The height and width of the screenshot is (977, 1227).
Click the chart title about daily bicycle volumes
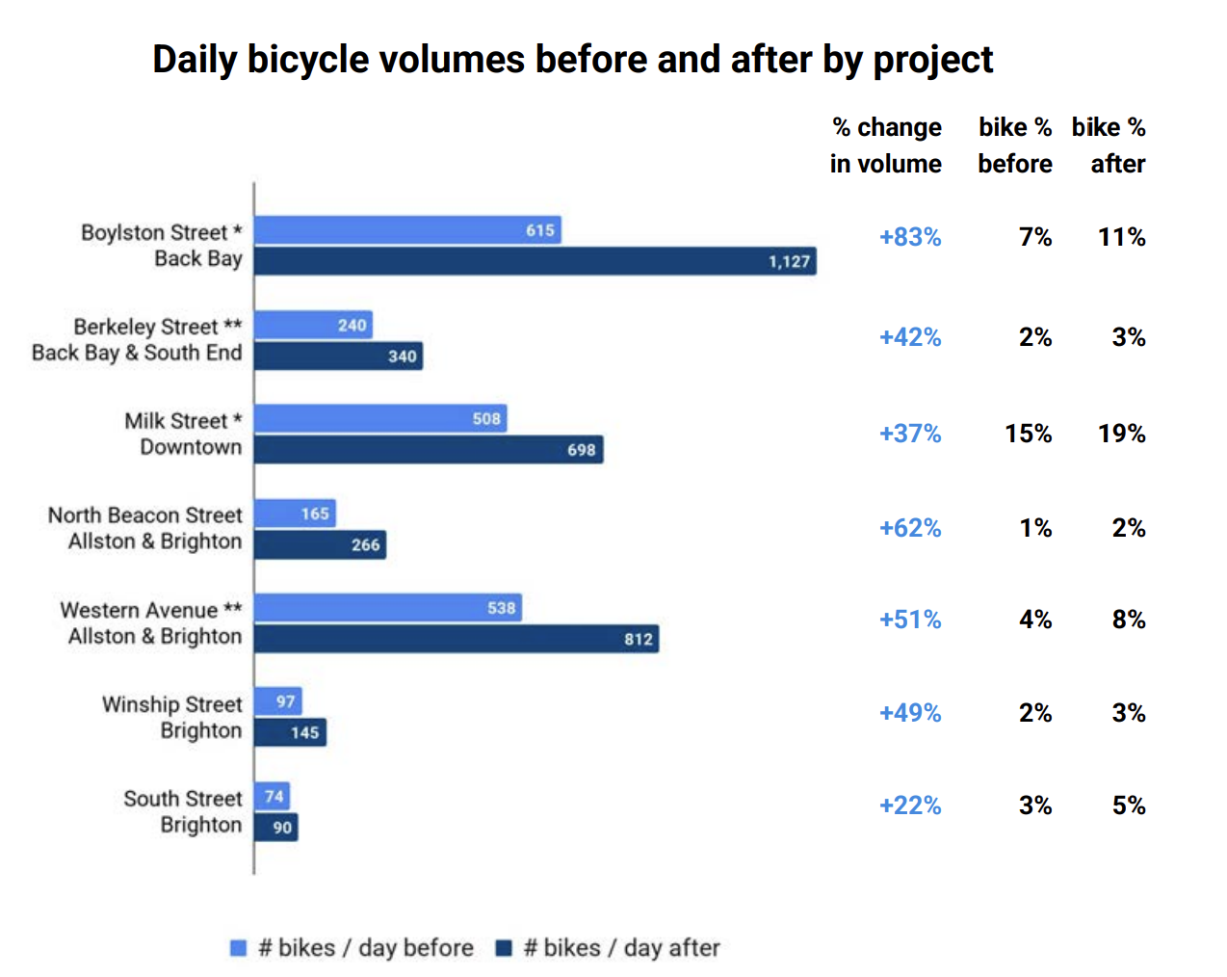[x=572, y=60]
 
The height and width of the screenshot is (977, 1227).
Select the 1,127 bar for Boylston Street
[x=535, y=261]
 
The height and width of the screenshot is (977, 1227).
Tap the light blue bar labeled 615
[x=407, y=230]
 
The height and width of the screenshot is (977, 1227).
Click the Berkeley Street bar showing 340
[x=338, y=356]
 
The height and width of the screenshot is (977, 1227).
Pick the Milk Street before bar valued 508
[x=380, y=418]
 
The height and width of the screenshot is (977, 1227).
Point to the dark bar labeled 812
[x=457, y=639]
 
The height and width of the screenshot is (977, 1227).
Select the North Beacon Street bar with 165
[x=295, y=514]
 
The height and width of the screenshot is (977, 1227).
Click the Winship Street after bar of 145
[x=290, y=732]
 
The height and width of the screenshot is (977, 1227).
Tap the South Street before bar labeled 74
[x=272, y=796]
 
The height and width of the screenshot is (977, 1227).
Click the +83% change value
[x=909, y=237]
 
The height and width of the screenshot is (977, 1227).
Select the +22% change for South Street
[x=909, y=805]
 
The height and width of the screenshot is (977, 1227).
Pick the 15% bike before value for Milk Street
[x=1028, y=434]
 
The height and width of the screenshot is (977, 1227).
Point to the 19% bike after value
[x=1121, y=434]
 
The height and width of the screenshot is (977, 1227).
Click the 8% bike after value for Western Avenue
[x=1128, y=620]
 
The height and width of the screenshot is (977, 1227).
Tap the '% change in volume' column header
[x=886, y=145]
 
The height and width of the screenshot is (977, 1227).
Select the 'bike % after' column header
[x=1110, y=145]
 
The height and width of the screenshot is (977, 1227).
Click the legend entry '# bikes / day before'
[x=352, y=948]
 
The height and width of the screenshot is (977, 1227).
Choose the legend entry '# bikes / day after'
[x=609, y=948]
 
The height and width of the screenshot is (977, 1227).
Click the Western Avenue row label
[x=151, y=623]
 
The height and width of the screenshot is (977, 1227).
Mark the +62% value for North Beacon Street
[x=909, y=528]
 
